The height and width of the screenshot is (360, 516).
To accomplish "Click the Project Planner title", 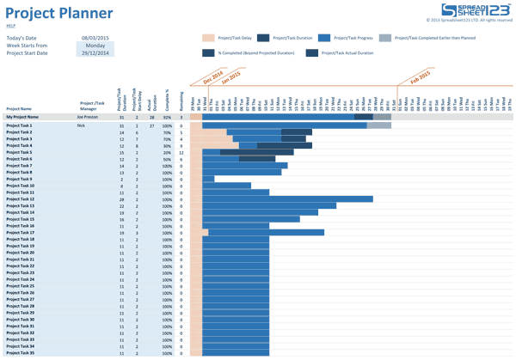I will pos(59,13).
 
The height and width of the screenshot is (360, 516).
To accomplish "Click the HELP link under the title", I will pos(11,27).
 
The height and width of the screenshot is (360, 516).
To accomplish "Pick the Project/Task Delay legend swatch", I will pos(208,39).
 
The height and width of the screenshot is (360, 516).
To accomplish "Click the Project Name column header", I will pos(19,109).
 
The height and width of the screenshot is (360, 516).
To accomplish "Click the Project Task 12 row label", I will pos(21,199).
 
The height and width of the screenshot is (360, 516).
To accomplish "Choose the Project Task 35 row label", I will pos(21,353).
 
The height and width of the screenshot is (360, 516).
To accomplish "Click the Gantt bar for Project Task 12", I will pos(287,199).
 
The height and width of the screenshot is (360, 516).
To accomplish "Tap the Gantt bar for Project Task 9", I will pos(208,179).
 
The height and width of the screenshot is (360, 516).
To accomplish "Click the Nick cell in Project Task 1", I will pos(81,125).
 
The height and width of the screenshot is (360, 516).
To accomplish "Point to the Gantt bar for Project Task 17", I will pos(266,233).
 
